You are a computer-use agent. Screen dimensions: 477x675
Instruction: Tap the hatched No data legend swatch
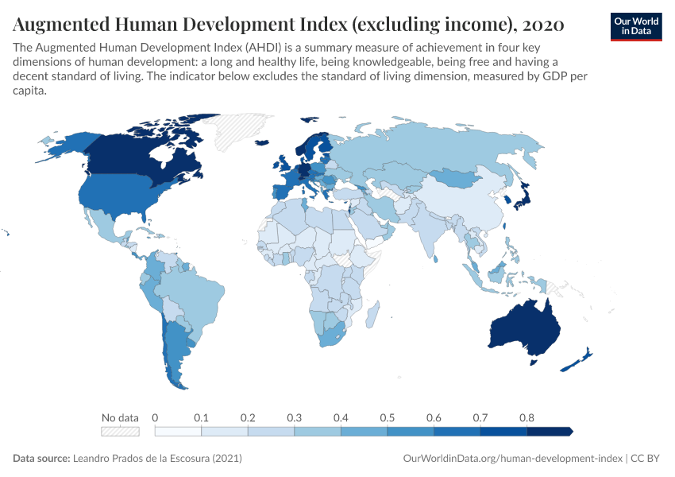coord(120,431)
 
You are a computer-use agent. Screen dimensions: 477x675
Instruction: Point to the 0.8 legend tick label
coord(526,417)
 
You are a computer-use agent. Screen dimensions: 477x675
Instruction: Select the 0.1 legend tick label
coord(201,417)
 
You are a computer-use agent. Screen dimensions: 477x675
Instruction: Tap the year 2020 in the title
coord(544,25)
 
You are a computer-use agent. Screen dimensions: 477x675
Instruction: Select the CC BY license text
coord(646,459)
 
